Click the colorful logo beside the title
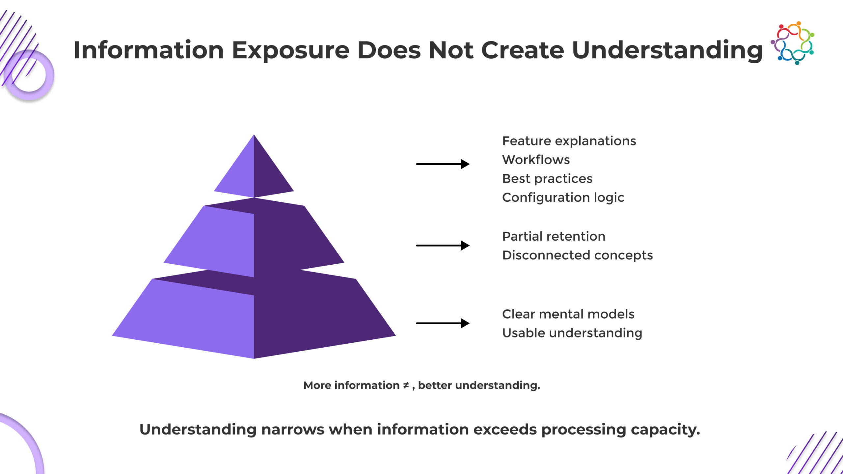[792, 43]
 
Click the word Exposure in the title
[290, 50]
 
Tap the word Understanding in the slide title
[667, 50]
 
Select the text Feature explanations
[569, 141]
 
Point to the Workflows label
[536, 160]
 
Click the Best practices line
[547, 178]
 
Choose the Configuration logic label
[563, 197]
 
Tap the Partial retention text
[554, 236]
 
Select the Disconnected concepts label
[577, 255]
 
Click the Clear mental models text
[568, 314]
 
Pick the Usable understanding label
[572, 333]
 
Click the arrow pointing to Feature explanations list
[443, 164]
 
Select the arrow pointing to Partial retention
[443, 245]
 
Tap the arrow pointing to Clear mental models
[443, 323]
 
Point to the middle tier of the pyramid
[254, 240]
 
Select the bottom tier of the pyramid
[254, 319]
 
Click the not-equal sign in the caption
[406, 385]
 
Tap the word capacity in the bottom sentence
[665, 430]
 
